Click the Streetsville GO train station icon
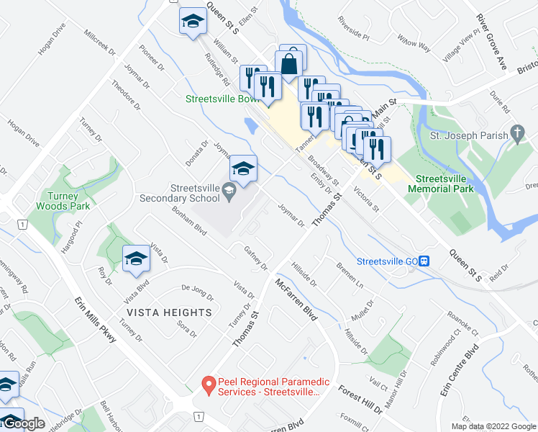click(x=425, y=261)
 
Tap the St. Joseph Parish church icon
click(x=516, y=133)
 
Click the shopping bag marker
click(x=288, y=63)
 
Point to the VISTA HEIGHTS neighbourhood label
click(x=170, y=312)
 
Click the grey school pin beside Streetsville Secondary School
click(x=229, y=191)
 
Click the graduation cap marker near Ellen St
click(x=192, y=21)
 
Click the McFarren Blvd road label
click(x=296, y=300)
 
